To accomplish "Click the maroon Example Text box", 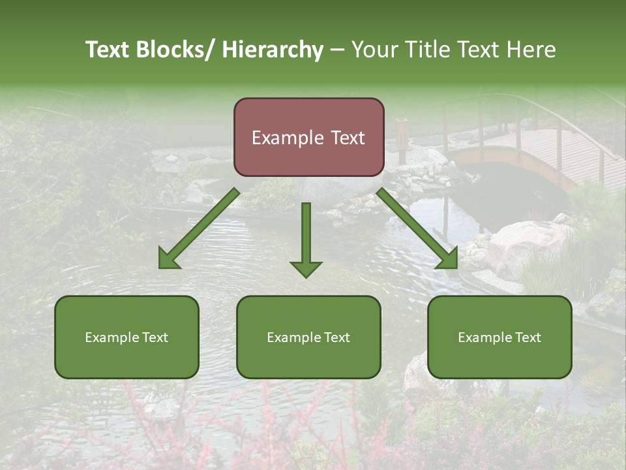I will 308,137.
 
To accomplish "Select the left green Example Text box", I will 127,337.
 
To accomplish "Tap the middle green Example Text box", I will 308,337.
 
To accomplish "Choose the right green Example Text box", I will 499,337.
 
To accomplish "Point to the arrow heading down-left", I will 199,228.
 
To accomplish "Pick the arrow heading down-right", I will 417,228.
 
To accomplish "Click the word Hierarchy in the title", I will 272,50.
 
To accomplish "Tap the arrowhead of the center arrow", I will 306,268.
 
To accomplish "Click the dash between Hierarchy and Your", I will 337,50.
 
